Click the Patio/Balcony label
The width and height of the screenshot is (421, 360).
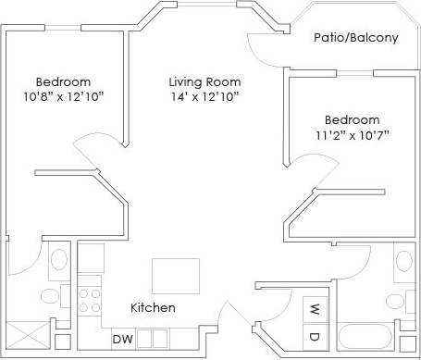click(x=356, y=38)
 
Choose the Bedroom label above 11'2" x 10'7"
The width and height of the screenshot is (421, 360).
click(x=352, y=120)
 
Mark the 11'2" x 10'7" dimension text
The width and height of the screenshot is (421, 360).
click(x=352, y=136)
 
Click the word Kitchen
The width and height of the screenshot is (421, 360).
click(x=153, y=307)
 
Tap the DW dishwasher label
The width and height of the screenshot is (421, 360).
click(x=122, y=339)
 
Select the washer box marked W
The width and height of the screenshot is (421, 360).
click(x=314, y=308)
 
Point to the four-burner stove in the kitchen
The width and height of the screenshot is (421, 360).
click(x=90, y=300)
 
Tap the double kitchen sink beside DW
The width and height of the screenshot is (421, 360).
click(x=153, y=339)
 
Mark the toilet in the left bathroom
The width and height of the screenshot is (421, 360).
click(x=49, y=295)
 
